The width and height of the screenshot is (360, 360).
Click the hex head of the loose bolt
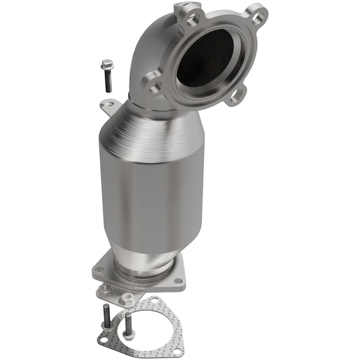[x=107, y=66]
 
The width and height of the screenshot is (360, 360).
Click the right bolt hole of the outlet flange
[x=178, y=280]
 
